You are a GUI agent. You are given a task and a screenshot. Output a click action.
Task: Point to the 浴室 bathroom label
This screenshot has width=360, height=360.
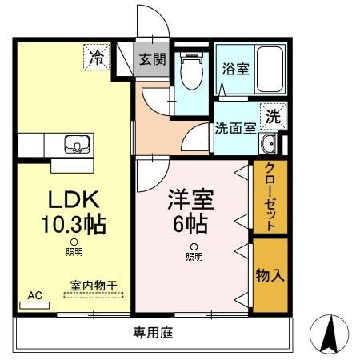235,69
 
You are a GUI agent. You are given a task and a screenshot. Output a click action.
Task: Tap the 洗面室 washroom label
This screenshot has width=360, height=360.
235,128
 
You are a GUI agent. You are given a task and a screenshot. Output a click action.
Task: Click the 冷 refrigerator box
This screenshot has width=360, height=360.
98,57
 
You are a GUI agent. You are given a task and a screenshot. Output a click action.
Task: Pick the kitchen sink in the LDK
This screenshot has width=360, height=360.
78,146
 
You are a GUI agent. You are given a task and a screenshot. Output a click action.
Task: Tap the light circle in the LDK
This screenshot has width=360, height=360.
74,241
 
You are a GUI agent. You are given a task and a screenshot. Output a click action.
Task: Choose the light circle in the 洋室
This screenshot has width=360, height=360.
194,246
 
